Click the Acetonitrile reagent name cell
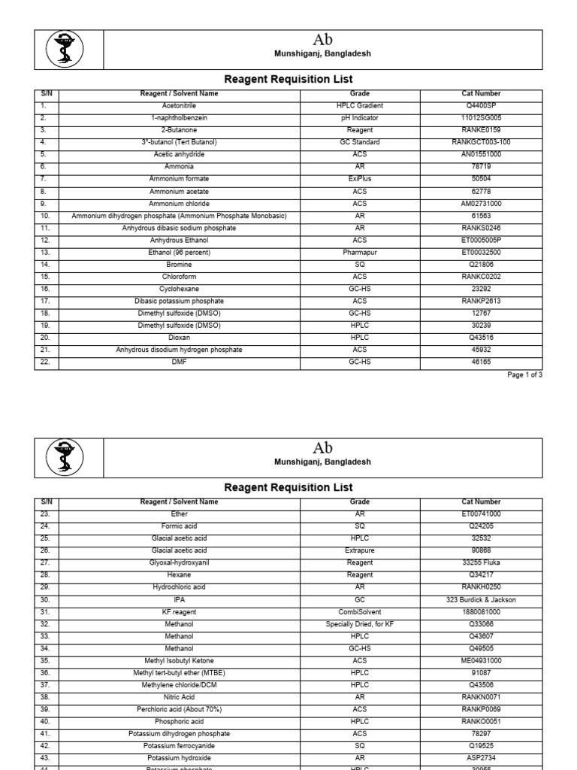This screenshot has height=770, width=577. (x=180, y=105)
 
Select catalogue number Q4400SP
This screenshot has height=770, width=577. (x=481, y=105)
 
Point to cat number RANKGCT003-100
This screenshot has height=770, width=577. (x=481, y=142)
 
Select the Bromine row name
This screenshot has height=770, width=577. (x=180, y=265)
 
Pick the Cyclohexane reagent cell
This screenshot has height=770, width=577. (x=180, y=290)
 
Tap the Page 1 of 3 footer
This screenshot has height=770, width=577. (x=524, y=374)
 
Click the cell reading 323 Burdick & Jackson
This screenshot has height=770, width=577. (x=481, y=599)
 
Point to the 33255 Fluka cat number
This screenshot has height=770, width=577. (x=481, y=562)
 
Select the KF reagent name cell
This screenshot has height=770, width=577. (x=180, y=612)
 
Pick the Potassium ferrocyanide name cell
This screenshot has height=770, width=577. (x=180, y=746)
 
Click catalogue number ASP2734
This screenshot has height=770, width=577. (x=481, y=758)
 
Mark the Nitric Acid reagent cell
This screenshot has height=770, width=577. (x=180, y=697)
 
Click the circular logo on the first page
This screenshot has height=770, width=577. (x=65, y=50)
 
